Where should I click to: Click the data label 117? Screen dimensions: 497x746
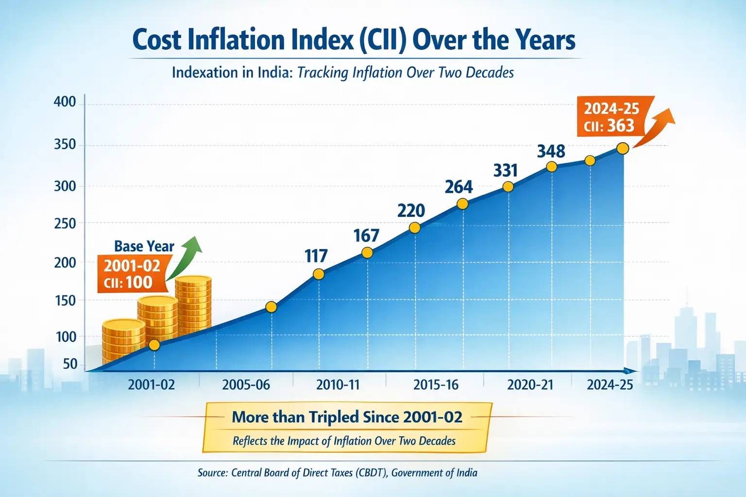(316, 256)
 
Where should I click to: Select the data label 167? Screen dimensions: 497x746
(366, 235)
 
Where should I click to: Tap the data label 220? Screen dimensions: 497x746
(411, 211)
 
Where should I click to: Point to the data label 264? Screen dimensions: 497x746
(458, 187)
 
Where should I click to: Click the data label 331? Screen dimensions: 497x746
(506, 170)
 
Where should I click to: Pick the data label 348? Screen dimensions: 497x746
(551, 151)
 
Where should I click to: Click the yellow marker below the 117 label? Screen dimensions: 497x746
(319, 274)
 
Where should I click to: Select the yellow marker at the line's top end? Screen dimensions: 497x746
(623, 149)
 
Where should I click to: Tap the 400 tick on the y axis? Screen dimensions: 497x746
(65, 102)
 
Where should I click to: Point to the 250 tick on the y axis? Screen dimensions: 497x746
(65, 224)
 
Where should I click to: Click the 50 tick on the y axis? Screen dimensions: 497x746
(70, 364)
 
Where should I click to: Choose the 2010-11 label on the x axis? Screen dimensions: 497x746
(338, 385)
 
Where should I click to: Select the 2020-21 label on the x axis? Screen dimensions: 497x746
(530, 385)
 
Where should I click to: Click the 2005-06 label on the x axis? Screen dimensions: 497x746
(246, 385)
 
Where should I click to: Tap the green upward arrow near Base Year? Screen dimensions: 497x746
(187, 257)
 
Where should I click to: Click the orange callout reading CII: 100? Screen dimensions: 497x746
(130, 274)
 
